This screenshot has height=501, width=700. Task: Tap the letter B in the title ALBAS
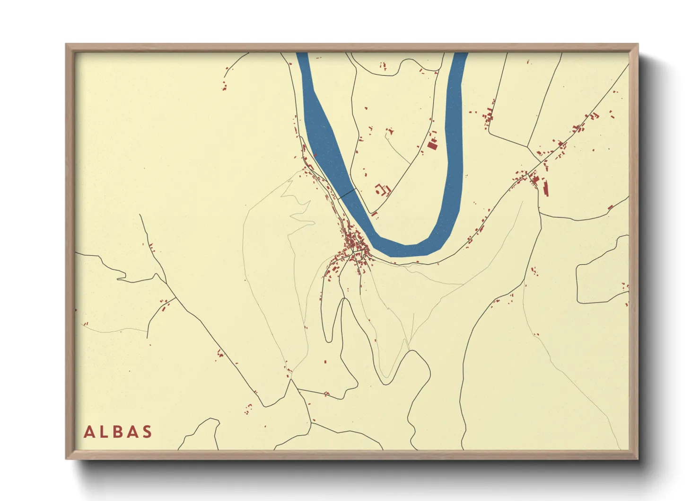click(119, 432)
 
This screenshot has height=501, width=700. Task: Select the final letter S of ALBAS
click(147, 432)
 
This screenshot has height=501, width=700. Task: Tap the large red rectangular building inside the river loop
click(432, 145)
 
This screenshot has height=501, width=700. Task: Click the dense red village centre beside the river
click(354, 246)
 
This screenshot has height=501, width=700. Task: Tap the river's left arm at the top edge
click(303, 59)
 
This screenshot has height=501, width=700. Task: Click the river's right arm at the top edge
click(459, 59)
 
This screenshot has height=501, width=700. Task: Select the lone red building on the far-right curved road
click(610, 207)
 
